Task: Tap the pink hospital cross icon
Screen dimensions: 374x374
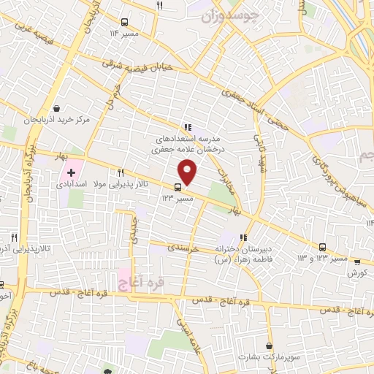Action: coord(71,173)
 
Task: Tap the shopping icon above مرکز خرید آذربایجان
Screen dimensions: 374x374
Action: coord(56,107)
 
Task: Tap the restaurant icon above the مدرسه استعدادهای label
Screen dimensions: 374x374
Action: coord(188,126)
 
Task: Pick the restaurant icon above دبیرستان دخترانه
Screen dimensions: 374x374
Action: coord(243,237)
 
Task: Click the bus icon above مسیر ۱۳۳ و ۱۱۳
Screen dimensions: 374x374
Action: coord(323,247)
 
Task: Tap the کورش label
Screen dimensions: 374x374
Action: coord(356,273)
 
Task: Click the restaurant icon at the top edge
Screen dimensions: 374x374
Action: coord(160,5)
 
